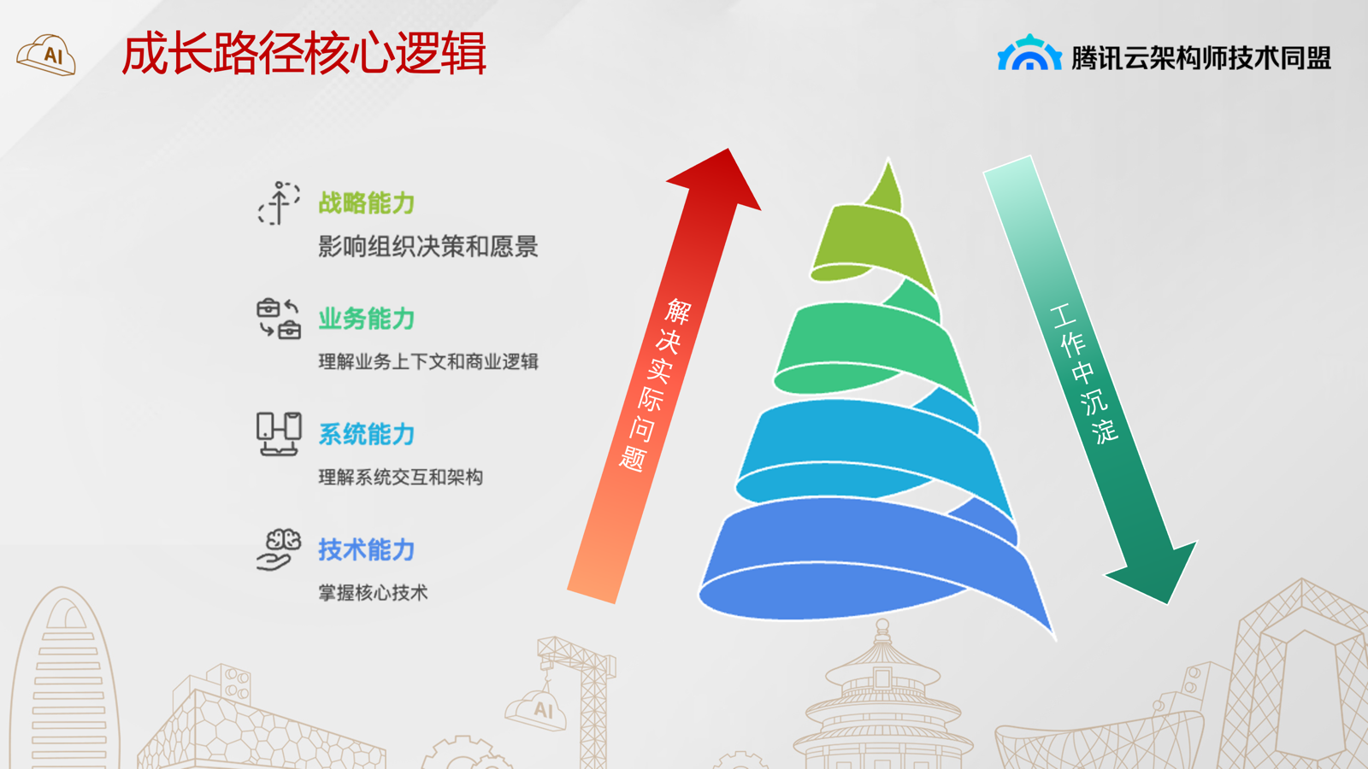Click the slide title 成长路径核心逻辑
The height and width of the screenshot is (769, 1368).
pos(304,54)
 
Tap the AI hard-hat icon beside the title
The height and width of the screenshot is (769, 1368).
pos(46,55)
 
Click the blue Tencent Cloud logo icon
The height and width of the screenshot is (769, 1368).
pos(1029,53)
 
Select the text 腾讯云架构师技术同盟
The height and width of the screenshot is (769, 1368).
pos(1201,58)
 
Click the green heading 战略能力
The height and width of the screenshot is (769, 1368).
pos(367,203)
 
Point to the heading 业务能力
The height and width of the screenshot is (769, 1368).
pos(367,319)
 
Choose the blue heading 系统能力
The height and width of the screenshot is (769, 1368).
pos(367,434)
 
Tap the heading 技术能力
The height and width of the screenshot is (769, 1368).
pos(367,549)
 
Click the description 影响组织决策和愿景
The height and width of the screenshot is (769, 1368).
pos(428,247)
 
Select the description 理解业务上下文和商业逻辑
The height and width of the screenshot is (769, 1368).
pos(428,361)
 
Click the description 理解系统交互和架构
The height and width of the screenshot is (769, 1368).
pos(401,477)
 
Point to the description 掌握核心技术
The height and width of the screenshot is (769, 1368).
pos(373,592)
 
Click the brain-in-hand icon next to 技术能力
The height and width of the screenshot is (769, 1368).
pos(279,549)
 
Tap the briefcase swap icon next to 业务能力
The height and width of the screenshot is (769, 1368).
pos(279,319)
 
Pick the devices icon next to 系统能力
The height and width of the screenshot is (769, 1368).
pos(279,434)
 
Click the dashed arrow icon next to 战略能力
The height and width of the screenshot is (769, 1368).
pos(279,203)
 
